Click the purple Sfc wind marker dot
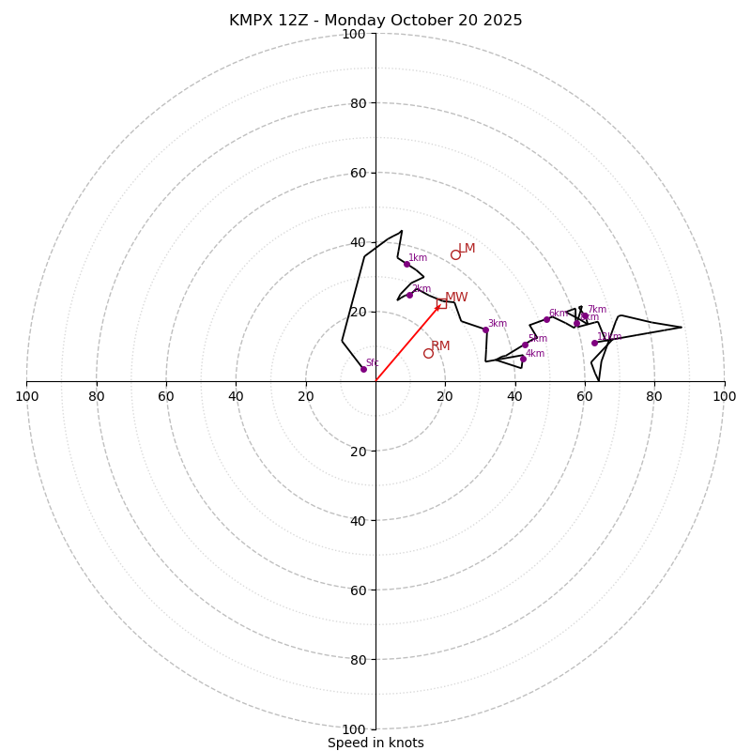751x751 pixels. pos(363,369)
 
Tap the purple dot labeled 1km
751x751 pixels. pos(406,264)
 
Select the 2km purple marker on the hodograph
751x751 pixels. pos(409,295)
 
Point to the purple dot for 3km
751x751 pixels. pos(485,330)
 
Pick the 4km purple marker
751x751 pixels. pos(523,359)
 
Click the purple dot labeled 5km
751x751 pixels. pos(525,345)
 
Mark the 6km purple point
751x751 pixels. pos(546,319)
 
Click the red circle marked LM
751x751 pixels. pos(455,254)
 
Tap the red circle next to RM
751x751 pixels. pos(428,353)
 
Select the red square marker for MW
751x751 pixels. pos(441,302)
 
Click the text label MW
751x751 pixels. pos(456,298)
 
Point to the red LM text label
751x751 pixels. pos(467,249)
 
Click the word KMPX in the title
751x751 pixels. pos(249,21)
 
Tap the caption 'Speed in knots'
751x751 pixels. pos(375,743)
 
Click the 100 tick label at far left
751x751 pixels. pos(26,396)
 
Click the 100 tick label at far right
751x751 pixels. pos(724,396)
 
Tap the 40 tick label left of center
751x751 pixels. pos(236,396)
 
